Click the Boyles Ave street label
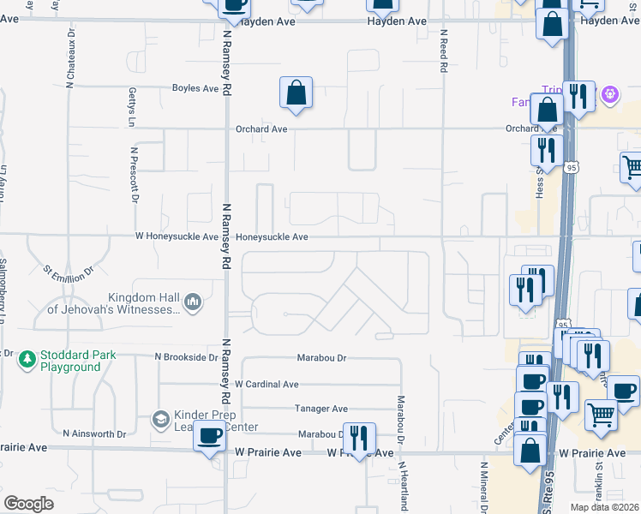(196, 88)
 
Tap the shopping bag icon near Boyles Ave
(296, 94)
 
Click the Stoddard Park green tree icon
(28, 357)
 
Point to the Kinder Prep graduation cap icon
(160, 419)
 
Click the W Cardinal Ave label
(267, 385)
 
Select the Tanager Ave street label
(321, 409)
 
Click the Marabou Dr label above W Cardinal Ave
(321, 356)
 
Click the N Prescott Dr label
(135, 175)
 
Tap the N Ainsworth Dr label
(96, 434)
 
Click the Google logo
(28, 504)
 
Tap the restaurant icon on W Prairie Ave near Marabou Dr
(359, 438)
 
